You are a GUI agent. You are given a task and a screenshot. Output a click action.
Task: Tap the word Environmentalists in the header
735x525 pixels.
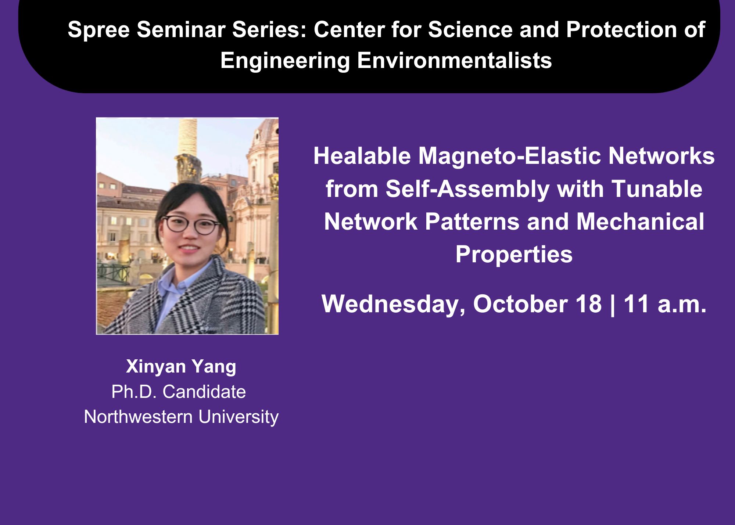coord(454,60)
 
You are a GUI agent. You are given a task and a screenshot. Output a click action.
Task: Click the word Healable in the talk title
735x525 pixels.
coord(362,156)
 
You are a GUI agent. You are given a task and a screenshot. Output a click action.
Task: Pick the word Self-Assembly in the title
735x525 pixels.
coord(467,189)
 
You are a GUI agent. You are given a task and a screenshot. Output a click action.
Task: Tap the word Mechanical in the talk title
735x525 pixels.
coord(640,222)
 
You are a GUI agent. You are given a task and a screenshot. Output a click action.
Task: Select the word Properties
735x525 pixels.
coord(514,255)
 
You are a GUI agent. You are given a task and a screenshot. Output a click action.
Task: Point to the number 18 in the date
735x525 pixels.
coord(588,304)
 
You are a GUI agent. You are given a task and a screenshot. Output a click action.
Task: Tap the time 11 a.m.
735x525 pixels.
coord(665,304)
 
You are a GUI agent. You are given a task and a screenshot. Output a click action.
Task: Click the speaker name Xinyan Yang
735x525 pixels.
coord(181,367)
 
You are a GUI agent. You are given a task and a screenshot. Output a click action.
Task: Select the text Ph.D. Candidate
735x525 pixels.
coord(179,392)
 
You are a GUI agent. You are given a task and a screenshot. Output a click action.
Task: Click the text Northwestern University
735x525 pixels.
coord(181,417)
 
